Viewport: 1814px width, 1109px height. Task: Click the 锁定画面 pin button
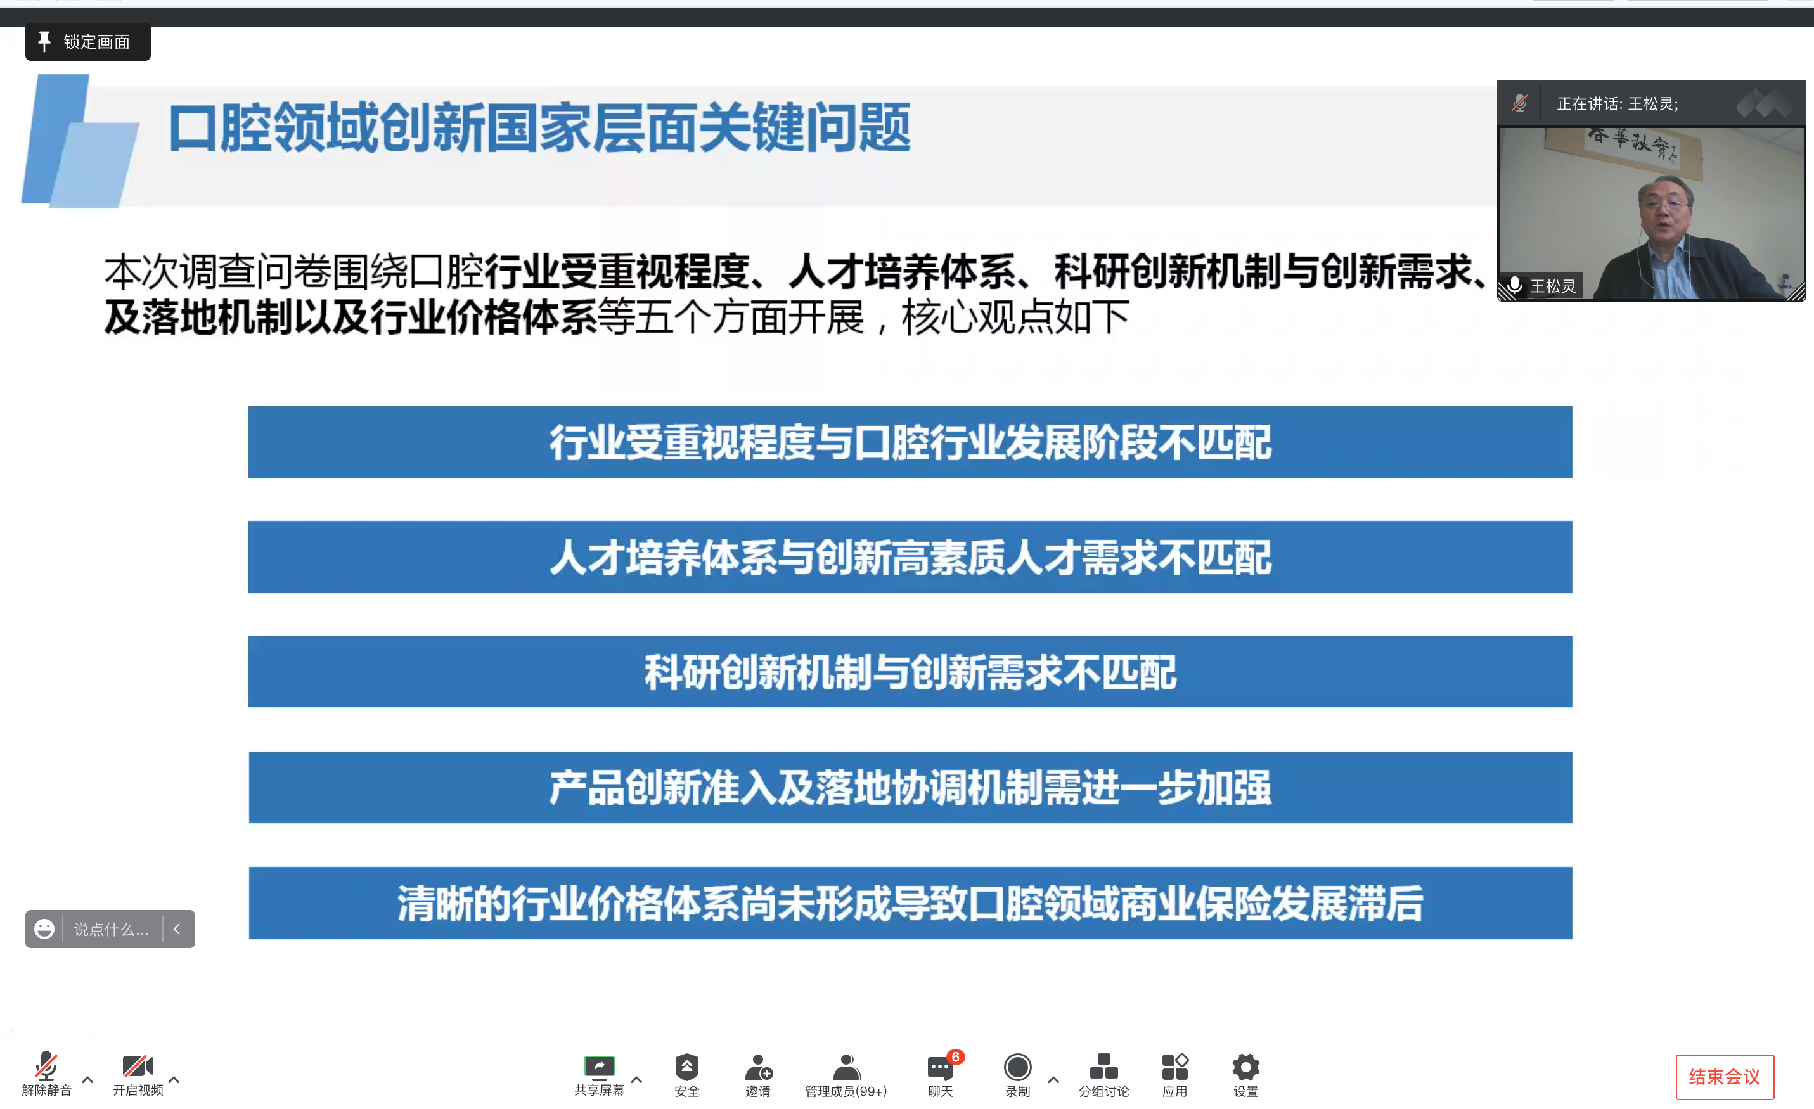(87, 42)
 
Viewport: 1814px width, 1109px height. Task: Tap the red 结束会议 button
(1724, 1077)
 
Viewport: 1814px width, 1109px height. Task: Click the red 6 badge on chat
(956, 1057)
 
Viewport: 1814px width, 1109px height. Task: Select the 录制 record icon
(1017, 1067)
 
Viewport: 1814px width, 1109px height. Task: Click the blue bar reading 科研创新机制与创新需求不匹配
(910, 672)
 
